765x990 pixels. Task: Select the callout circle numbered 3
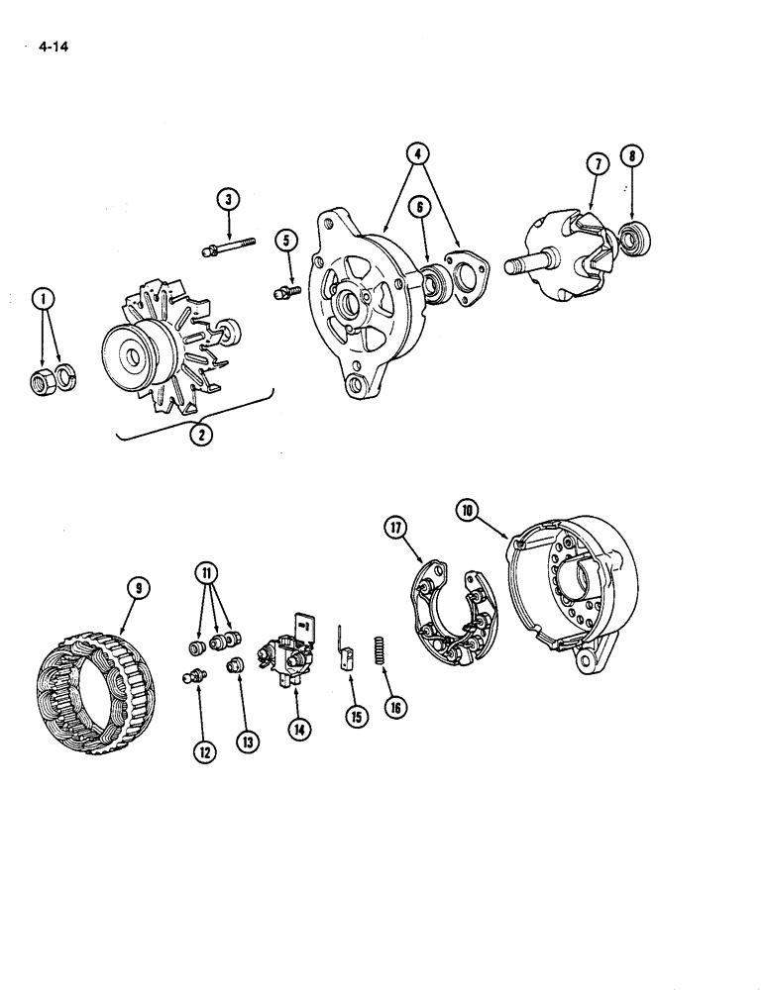tap(229, 200)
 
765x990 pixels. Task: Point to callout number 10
tap(468, 510)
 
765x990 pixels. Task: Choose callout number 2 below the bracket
tap(201, 432)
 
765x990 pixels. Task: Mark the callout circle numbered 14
tap(299, 729)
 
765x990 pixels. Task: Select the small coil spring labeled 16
tap(377, 653)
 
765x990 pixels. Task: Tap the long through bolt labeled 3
tap(229, 247)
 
